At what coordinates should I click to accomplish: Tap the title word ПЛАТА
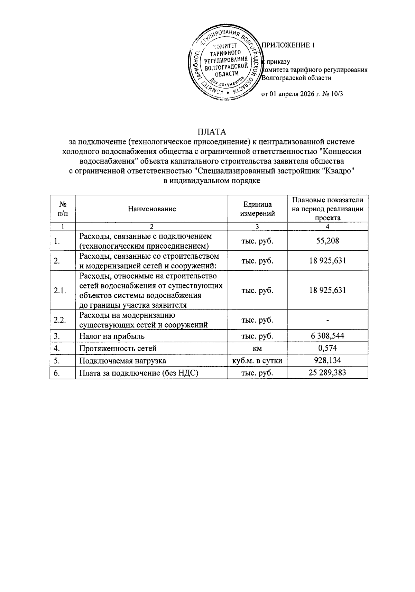(212, 132)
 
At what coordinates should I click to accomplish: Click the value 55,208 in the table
(328, 241)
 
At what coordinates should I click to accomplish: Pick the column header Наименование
(151, 209)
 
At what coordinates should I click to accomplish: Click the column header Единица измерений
(257, 209)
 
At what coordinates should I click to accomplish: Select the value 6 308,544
(328, 336)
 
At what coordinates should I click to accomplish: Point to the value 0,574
(328, 348)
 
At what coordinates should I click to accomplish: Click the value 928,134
(328, 360)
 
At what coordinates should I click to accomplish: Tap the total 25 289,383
(328, 372)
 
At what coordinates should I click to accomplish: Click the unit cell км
(257, 348)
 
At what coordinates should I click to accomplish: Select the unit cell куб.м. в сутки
(257, 361)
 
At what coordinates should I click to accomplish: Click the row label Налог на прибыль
(112, 336)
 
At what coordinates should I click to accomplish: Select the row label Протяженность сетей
(118, 348)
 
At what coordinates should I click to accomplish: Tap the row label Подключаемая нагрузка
(122, 361)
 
